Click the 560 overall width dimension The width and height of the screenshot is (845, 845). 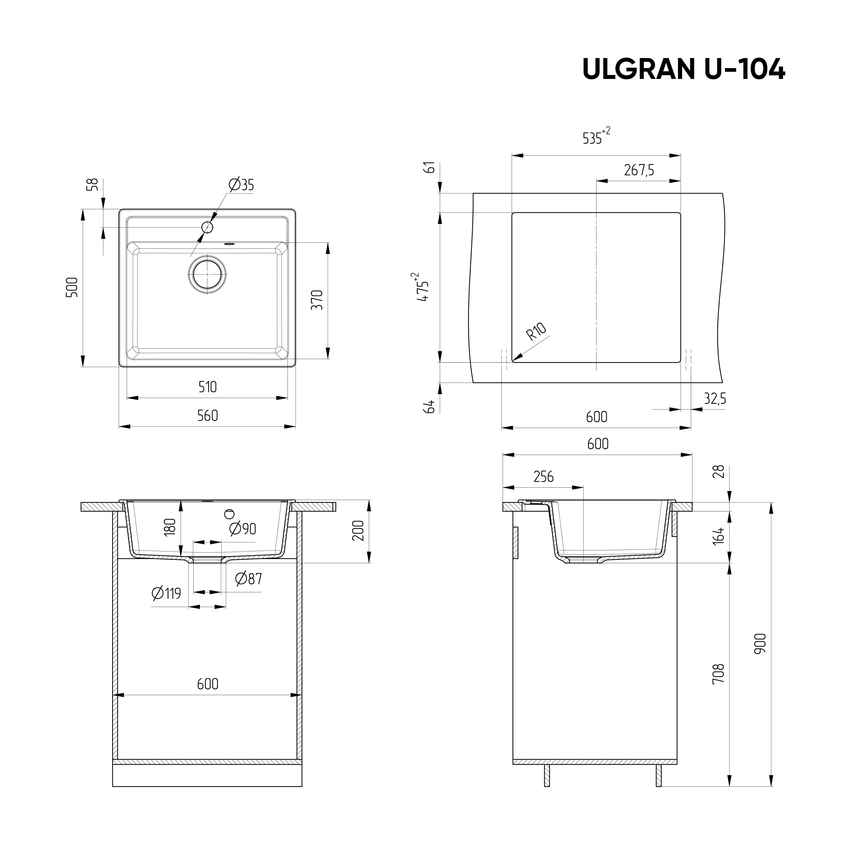[207, 415]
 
